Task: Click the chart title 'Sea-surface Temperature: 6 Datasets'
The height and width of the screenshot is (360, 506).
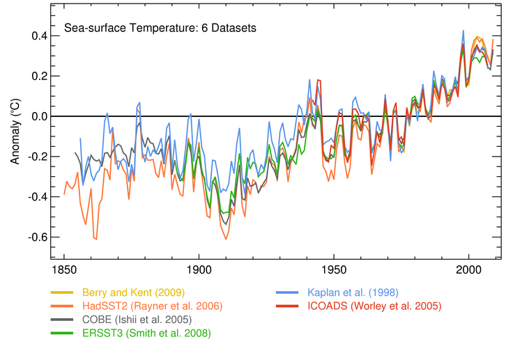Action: tap(160, 29)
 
